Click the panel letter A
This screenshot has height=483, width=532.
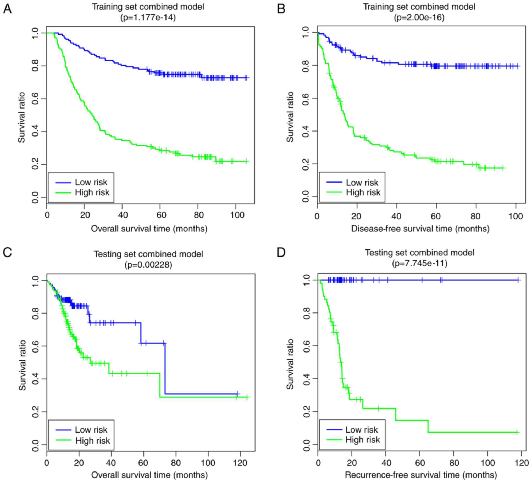[x=7, y=9]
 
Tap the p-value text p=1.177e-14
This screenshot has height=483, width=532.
[x=148, y=18]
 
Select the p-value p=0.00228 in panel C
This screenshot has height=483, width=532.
[x=148, y=264]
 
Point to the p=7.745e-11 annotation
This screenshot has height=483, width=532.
[x=419, y=263]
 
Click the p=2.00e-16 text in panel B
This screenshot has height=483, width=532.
[x=419, y=18]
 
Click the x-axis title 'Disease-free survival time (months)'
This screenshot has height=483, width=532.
[x=420, y=229]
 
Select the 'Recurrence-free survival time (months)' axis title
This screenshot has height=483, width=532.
[x=421, y=475]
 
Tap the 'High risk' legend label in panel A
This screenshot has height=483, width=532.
[x=92, y=192]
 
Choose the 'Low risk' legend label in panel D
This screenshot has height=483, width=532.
[x=362, y=430]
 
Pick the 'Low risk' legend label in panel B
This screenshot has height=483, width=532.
[x=362, y=183]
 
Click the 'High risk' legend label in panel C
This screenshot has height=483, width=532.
[x=93, y=441]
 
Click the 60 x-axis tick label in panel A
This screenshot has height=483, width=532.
[x=161, y=215]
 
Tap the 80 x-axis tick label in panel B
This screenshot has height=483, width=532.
[x=475, y=217]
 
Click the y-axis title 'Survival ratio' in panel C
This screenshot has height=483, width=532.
[x=22, y=365]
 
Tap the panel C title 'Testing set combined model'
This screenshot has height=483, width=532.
[x=148, y=254]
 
